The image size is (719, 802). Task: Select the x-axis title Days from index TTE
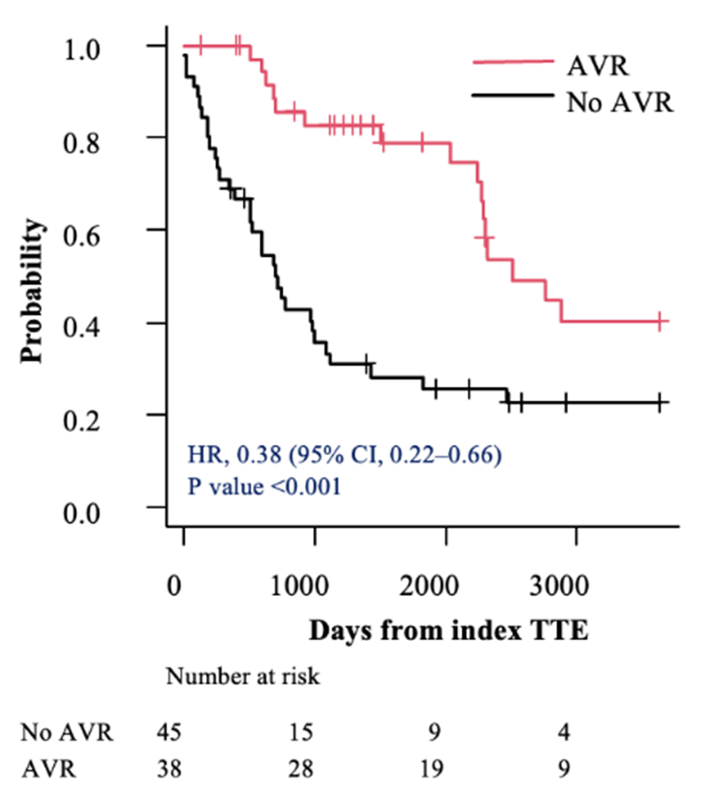(x=448, y=630)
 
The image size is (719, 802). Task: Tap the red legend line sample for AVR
(x=513, y=62)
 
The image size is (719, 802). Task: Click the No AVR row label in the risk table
(x=67, y=731)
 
